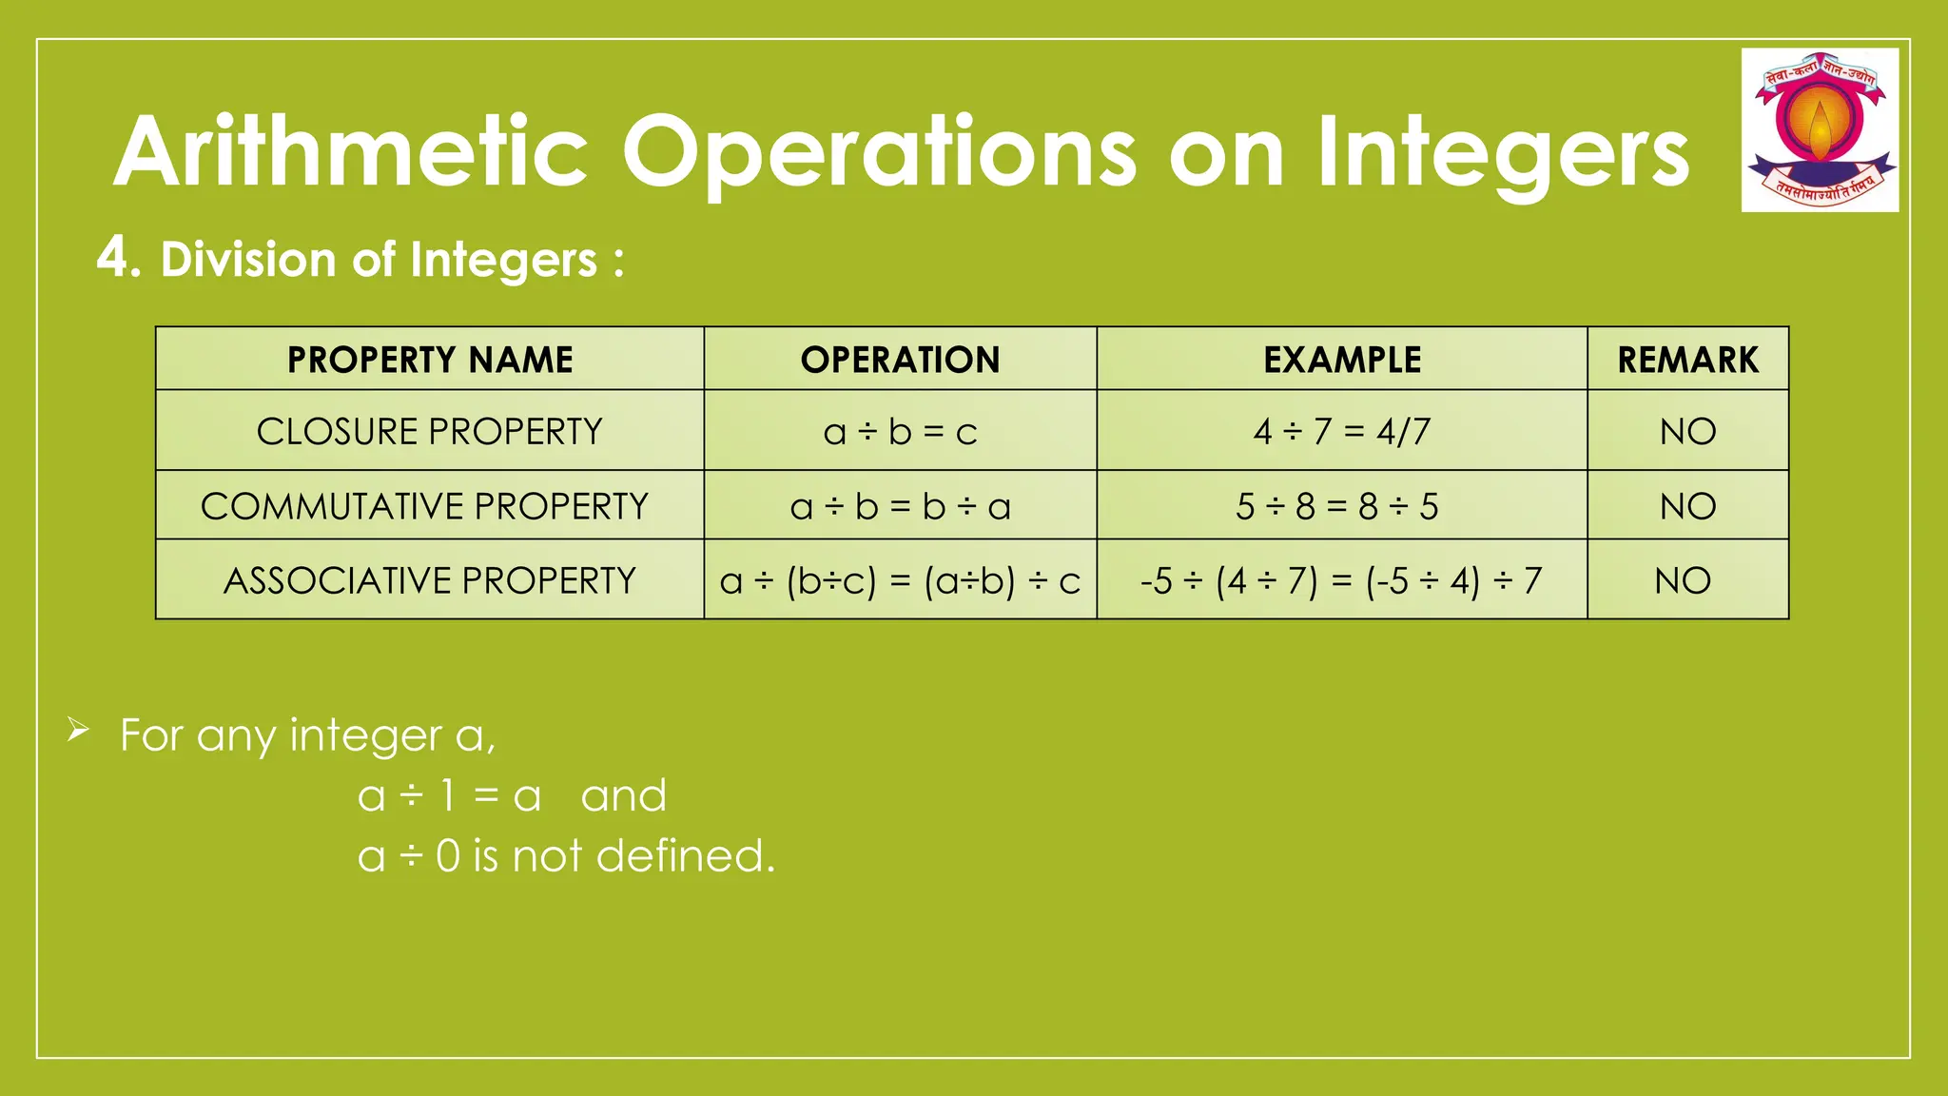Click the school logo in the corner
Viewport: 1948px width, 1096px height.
click(x=1820, y=129)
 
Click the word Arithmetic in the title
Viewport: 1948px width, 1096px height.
click(x=351, y=152)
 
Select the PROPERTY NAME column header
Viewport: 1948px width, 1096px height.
click(x=430, y=360)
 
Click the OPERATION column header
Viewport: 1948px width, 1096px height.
click(x=900, y=360)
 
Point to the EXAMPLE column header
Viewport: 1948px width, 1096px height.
click(x=1342, y=360)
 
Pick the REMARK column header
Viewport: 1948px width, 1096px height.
click(x=1687, y=360)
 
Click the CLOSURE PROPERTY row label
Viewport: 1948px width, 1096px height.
click(x=430, y=432)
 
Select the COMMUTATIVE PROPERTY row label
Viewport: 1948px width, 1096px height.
click(x=424, y=506)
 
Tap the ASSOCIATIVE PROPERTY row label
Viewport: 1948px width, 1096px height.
click(x=430, y=580)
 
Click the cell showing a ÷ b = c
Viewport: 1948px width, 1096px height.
click(x=900, y=432)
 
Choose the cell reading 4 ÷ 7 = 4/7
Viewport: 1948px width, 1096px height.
click(x=1341, y=432)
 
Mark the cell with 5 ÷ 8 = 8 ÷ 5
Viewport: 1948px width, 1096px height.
click(x=1336, y=506)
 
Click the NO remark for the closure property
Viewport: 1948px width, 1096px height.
click(x=1687, y=432)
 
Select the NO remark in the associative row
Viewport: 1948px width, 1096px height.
click(x=1683, y=580)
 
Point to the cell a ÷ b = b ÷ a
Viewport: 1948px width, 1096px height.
click(x=900, y=506)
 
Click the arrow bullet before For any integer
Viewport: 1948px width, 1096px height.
click(x=78, y=731)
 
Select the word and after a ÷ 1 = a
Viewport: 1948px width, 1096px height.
click(x=623, y=795)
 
